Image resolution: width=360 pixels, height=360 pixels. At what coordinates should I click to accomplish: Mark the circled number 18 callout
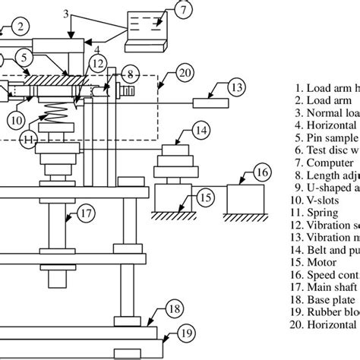coord(174,308)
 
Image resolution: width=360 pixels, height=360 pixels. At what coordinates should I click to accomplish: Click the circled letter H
coord(28,138)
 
